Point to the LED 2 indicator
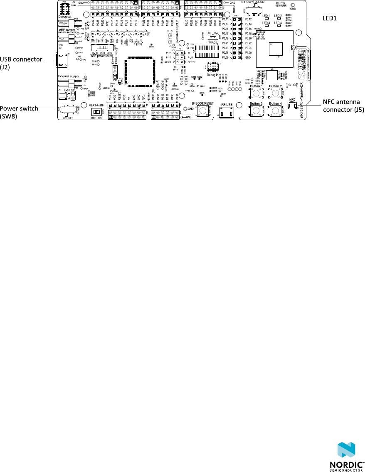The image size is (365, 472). click(x=278, y=19)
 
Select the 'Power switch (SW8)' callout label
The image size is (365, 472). click(x=19, y=111)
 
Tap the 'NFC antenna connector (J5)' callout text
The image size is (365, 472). click(x=343, y=106)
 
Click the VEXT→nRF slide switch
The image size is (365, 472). click(x=97, y=112)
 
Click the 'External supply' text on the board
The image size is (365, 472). click(x=68, y=76)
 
